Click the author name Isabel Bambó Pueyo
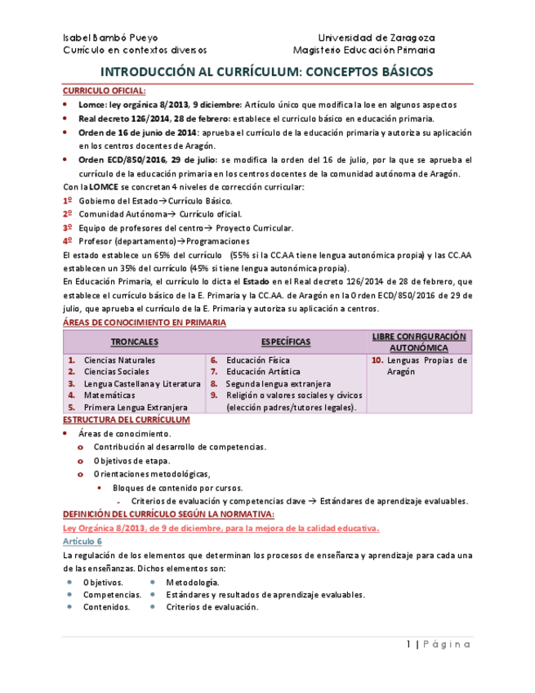[x=110, y=38]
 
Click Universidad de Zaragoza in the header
[x=376, y=38]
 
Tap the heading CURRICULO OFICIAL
[x=105, y=91]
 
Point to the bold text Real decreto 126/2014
[x=119, y=118]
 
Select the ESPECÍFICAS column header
[x=285, y=342]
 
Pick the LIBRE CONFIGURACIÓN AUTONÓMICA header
[x=418, y=342]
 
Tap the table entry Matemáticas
[x=109, y=395]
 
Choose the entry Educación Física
[x=257, y=360]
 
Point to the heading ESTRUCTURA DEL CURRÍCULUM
[x=127, y=420]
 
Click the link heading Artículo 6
[x=82, y=542]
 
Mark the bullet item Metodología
[x=192, y=582]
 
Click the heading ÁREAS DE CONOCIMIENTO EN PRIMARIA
[x=145, y=323]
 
